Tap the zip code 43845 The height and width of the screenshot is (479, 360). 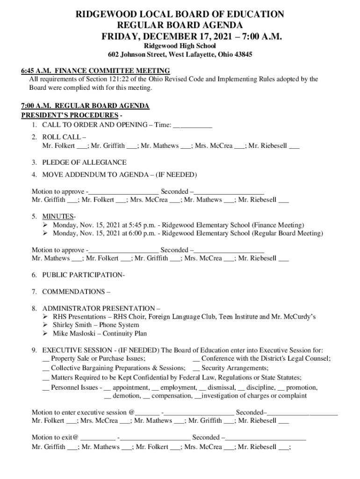point(242,55)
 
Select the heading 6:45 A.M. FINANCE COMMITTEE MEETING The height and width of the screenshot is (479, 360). point(95,71)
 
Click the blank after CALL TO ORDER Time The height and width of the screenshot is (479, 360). point(193,125)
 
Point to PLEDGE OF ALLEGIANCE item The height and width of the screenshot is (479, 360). point(84,162)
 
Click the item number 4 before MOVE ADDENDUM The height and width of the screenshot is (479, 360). point(34,175)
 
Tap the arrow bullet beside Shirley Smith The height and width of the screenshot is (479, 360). point(45,325)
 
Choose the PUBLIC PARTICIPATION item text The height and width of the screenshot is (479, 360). point(83,275)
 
